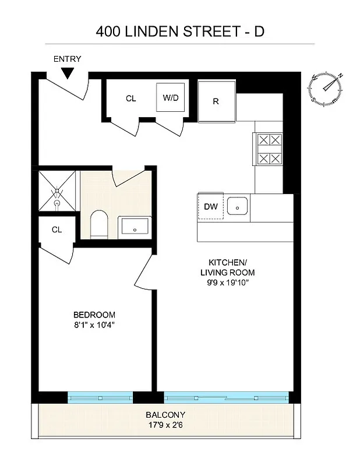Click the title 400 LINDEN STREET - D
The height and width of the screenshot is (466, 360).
coord(180,31)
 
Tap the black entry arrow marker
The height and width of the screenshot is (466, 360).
coord(68,73)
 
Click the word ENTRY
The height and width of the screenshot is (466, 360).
coord(68,59)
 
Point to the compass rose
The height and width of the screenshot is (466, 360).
coord(327,88)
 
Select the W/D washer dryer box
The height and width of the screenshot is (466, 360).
coord(171,97)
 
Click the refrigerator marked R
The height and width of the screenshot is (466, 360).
coord(216,100)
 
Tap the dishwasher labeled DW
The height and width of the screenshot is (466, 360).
coord(210,206)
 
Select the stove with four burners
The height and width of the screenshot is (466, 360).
coord(269,149)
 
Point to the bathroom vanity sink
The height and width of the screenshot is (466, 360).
coord(135,227)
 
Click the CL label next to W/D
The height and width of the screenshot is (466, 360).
coord(131,98)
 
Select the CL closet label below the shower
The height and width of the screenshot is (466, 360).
coord(57,230)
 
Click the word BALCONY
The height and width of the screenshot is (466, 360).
coord(165,414)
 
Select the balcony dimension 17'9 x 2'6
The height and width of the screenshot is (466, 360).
coord(165,425)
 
